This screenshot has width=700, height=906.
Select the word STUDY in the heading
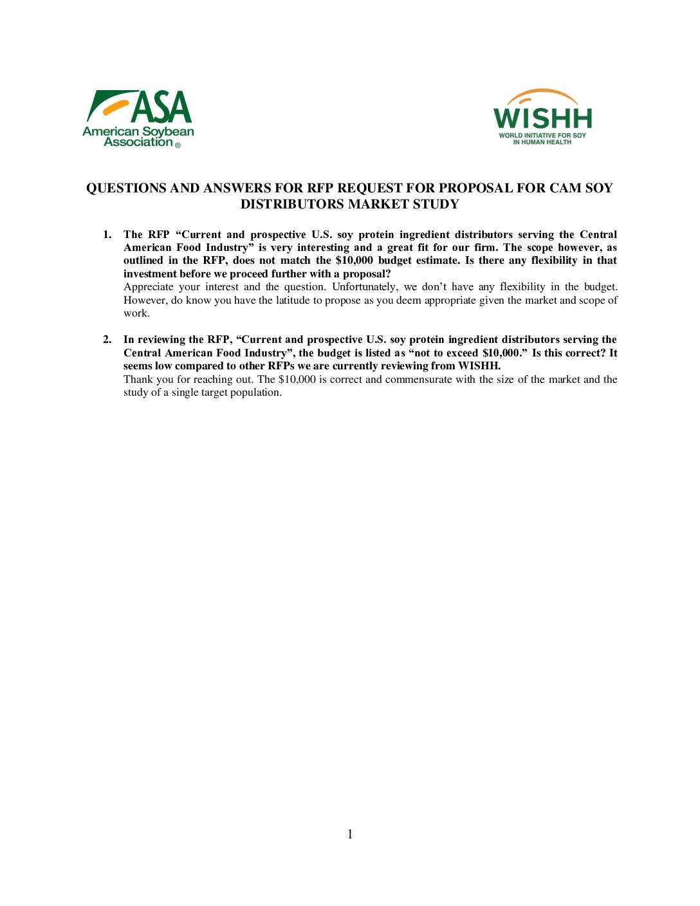(437, 205)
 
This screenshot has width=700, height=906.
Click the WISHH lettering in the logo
(542, 119)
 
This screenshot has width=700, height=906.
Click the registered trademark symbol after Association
(178, 145)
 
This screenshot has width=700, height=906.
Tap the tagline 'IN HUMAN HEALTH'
(542, 142)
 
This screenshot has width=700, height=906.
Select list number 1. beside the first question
(107, 235)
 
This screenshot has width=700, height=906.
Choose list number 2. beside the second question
(107, 340)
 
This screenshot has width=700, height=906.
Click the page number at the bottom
(350, 835)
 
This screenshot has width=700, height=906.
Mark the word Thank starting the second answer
(138, 380)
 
